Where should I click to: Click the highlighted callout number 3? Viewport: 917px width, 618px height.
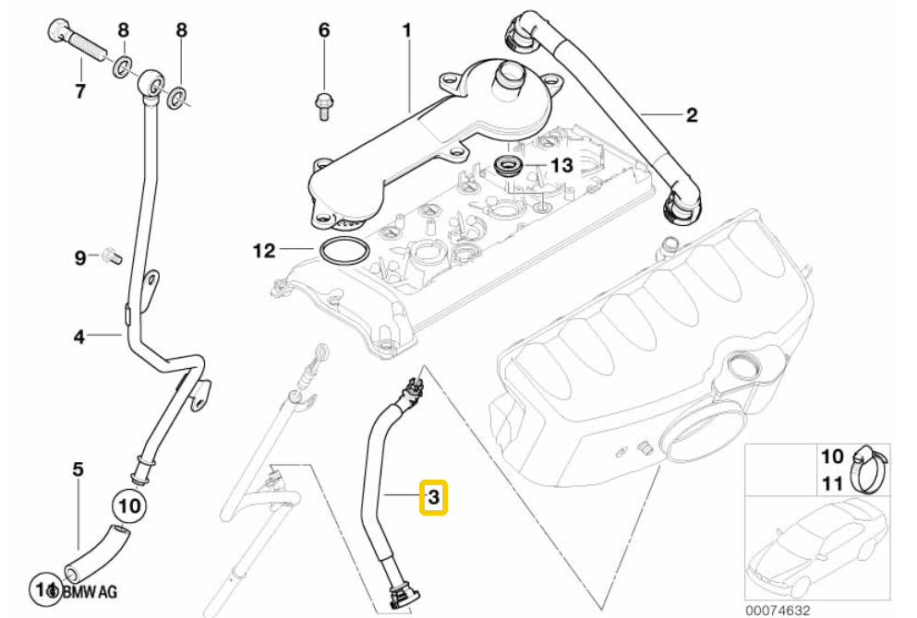click(x=433, y=498)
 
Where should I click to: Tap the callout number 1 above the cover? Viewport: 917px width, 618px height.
click(x=406, y=31)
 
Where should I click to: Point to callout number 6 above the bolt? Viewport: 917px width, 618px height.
click(x=323, y=30)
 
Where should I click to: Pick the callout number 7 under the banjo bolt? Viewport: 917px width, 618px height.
click(x=79, y=90)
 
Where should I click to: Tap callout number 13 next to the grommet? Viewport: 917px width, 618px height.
click(x=561, y=165)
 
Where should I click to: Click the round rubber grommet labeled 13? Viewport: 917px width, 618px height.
click(x=508, y=167)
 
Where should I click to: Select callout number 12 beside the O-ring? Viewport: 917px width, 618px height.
click(x=264, y=249)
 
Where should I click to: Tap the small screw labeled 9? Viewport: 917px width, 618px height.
click(x=109, y=254)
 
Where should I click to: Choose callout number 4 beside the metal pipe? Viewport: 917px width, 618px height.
click(x=79, y=337)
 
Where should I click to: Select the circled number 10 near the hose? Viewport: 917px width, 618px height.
click(x=129, y=505)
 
